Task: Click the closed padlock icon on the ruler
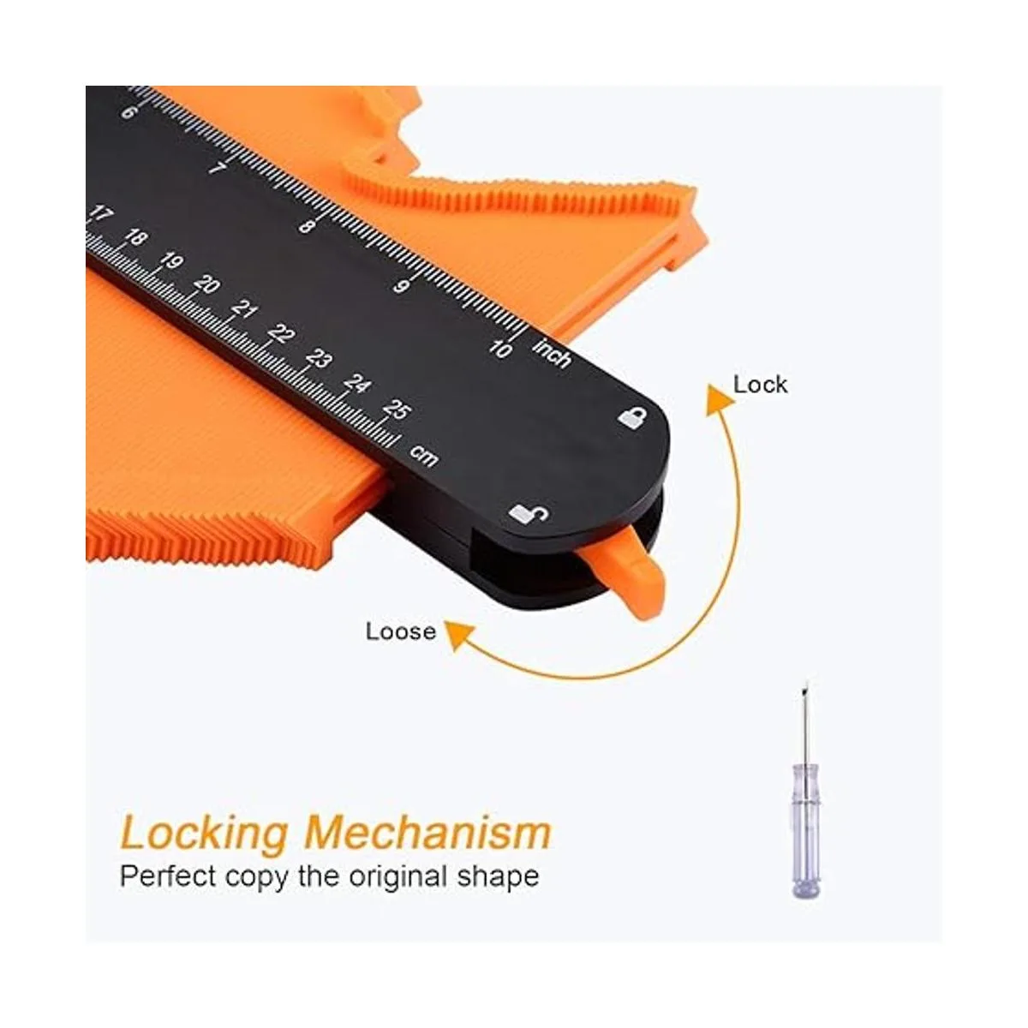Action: click(x=633, y=416)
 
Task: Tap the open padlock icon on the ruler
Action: click(x=529, y=513)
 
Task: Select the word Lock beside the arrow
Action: click(x=760, y=385)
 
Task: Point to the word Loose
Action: click(x=401, y=631)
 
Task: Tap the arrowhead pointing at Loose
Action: click(x=459, y=635)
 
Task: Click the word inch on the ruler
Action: click(x=552, y=352)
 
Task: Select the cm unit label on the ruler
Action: click(x=424, y=455)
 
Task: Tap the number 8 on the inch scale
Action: click(x=306, y=226)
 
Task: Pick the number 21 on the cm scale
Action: click(x=245, y=309)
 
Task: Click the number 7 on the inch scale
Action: click(x=218, y=169)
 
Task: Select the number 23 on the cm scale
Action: click(x=319, y=359)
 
